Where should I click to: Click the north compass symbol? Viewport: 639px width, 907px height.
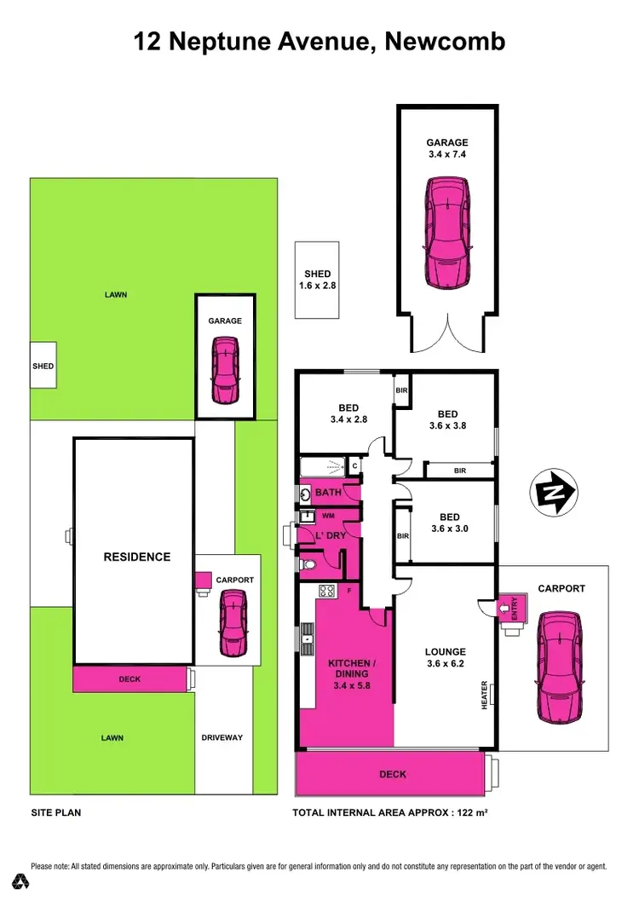554,492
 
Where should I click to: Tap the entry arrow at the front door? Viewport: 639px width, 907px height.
502,608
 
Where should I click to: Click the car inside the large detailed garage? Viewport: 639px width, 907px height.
447,231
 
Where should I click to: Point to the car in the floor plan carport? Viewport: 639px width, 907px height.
559,665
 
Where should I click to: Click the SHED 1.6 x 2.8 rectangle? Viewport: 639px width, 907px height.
317,280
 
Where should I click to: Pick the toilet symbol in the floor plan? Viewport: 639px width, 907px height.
308,564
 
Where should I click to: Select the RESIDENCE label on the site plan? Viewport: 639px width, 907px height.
136,557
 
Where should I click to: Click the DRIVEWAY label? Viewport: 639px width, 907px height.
222,737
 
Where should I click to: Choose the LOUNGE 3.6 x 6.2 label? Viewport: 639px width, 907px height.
445,658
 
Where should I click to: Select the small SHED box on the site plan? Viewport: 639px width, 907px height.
43,366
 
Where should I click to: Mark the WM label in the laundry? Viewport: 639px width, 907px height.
328,516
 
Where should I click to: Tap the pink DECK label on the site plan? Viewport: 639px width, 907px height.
130,679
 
